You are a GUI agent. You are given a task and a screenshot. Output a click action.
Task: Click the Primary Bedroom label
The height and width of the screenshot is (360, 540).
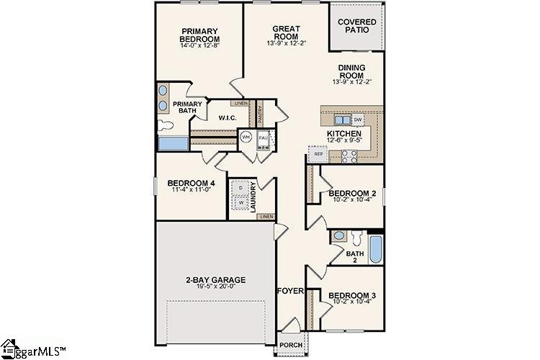tap(199, 35)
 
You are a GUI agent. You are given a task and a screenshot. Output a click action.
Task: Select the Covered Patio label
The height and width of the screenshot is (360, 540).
tap(358, 26)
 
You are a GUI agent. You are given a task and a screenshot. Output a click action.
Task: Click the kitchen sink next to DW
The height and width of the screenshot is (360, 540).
tap(342, 120)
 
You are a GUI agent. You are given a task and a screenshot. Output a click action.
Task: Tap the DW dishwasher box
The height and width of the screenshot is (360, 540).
tap(358, 119)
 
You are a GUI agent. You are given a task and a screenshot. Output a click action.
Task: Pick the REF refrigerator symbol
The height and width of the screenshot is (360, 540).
tap(317, 153)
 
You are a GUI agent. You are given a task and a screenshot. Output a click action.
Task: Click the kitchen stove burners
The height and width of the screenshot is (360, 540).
tap(349, 155)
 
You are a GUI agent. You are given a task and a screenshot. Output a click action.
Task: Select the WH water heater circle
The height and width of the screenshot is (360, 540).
tap(246, 137)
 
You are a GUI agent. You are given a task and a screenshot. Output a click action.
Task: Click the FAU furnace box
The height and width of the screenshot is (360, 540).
tap(263, 137)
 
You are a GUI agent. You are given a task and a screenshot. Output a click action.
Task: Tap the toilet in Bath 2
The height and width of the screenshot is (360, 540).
tap(339, 236)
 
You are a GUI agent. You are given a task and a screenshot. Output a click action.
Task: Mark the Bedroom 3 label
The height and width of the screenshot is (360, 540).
tap(352, 296)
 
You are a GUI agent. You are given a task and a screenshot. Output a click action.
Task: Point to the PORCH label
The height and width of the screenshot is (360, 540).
tap(292, 345)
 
